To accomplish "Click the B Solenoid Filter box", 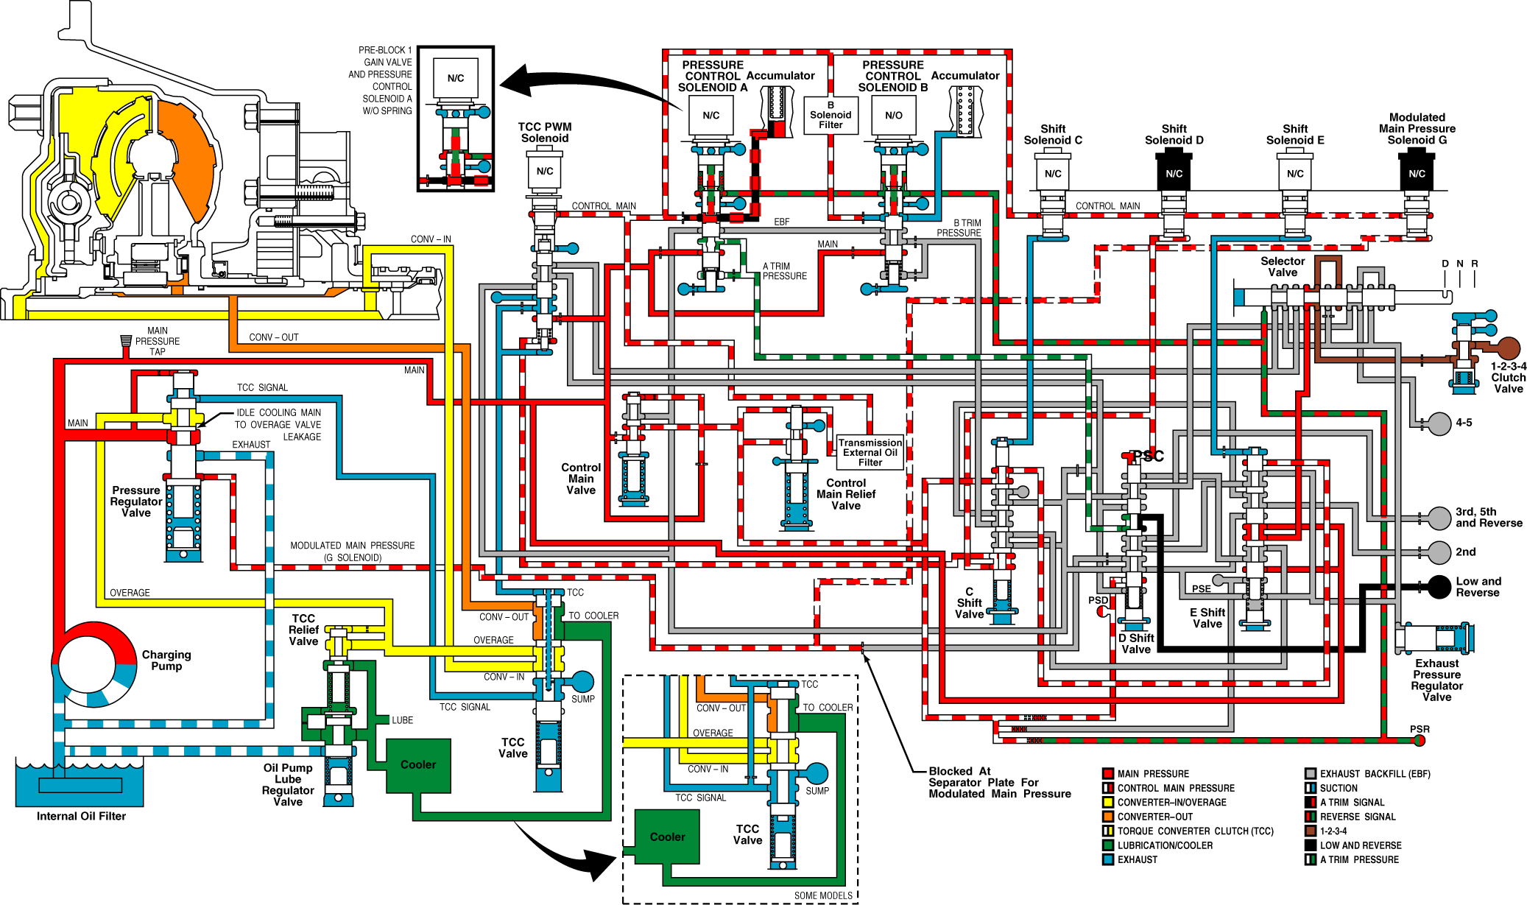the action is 830,116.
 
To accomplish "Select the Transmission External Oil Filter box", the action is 870,452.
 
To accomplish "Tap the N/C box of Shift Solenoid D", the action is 1174,173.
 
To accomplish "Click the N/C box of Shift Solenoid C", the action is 1053,173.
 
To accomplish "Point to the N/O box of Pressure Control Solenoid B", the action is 893,116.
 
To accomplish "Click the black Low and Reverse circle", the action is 1439,587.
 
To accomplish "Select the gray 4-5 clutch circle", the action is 1439,423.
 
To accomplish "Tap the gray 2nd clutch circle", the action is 1439,552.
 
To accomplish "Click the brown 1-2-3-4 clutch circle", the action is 1509,348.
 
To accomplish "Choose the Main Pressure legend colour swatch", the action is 1107,773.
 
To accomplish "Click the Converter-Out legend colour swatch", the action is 1107,817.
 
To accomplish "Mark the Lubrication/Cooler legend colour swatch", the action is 1107,845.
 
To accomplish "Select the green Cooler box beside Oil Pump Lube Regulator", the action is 418,766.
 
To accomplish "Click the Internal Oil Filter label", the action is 81,816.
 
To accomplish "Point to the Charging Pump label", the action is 166,660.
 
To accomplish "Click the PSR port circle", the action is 1420,740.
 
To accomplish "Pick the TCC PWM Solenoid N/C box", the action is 545,172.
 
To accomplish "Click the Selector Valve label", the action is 1283,267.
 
